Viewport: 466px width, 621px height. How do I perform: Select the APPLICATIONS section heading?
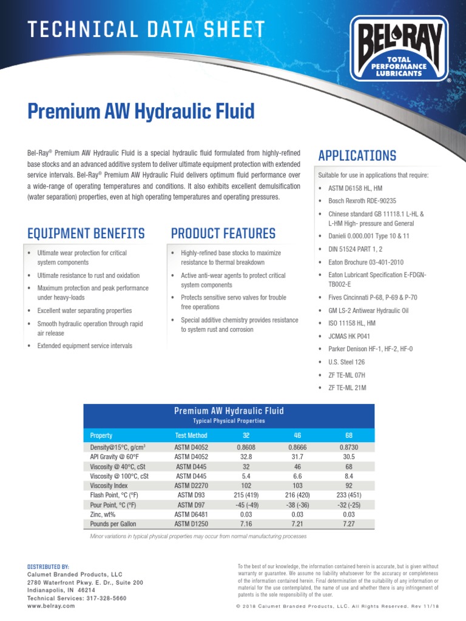click(357, 155)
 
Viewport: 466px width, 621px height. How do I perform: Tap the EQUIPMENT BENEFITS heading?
click(86, 233)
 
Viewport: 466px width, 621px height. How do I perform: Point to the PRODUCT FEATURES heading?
click(223, 233)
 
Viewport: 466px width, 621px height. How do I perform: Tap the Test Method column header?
click(191, 435)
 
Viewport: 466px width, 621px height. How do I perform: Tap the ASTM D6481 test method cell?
click(191, 514)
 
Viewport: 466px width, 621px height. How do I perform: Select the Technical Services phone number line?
click(78, 597)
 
